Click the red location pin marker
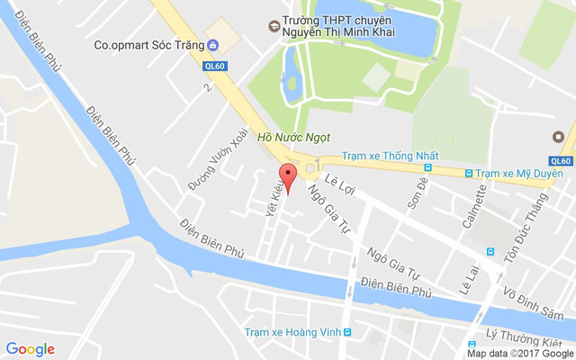click(287, 175)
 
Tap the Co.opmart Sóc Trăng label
click(148, 45)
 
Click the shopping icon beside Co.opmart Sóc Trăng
click(211, 45)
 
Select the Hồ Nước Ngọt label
click(293, 138)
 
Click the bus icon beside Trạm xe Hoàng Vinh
click(347, 331)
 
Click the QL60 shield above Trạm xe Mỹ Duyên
click(560, 160)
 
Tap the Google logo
click(30, 349)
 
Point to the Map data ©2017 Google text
click(519, 354)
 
